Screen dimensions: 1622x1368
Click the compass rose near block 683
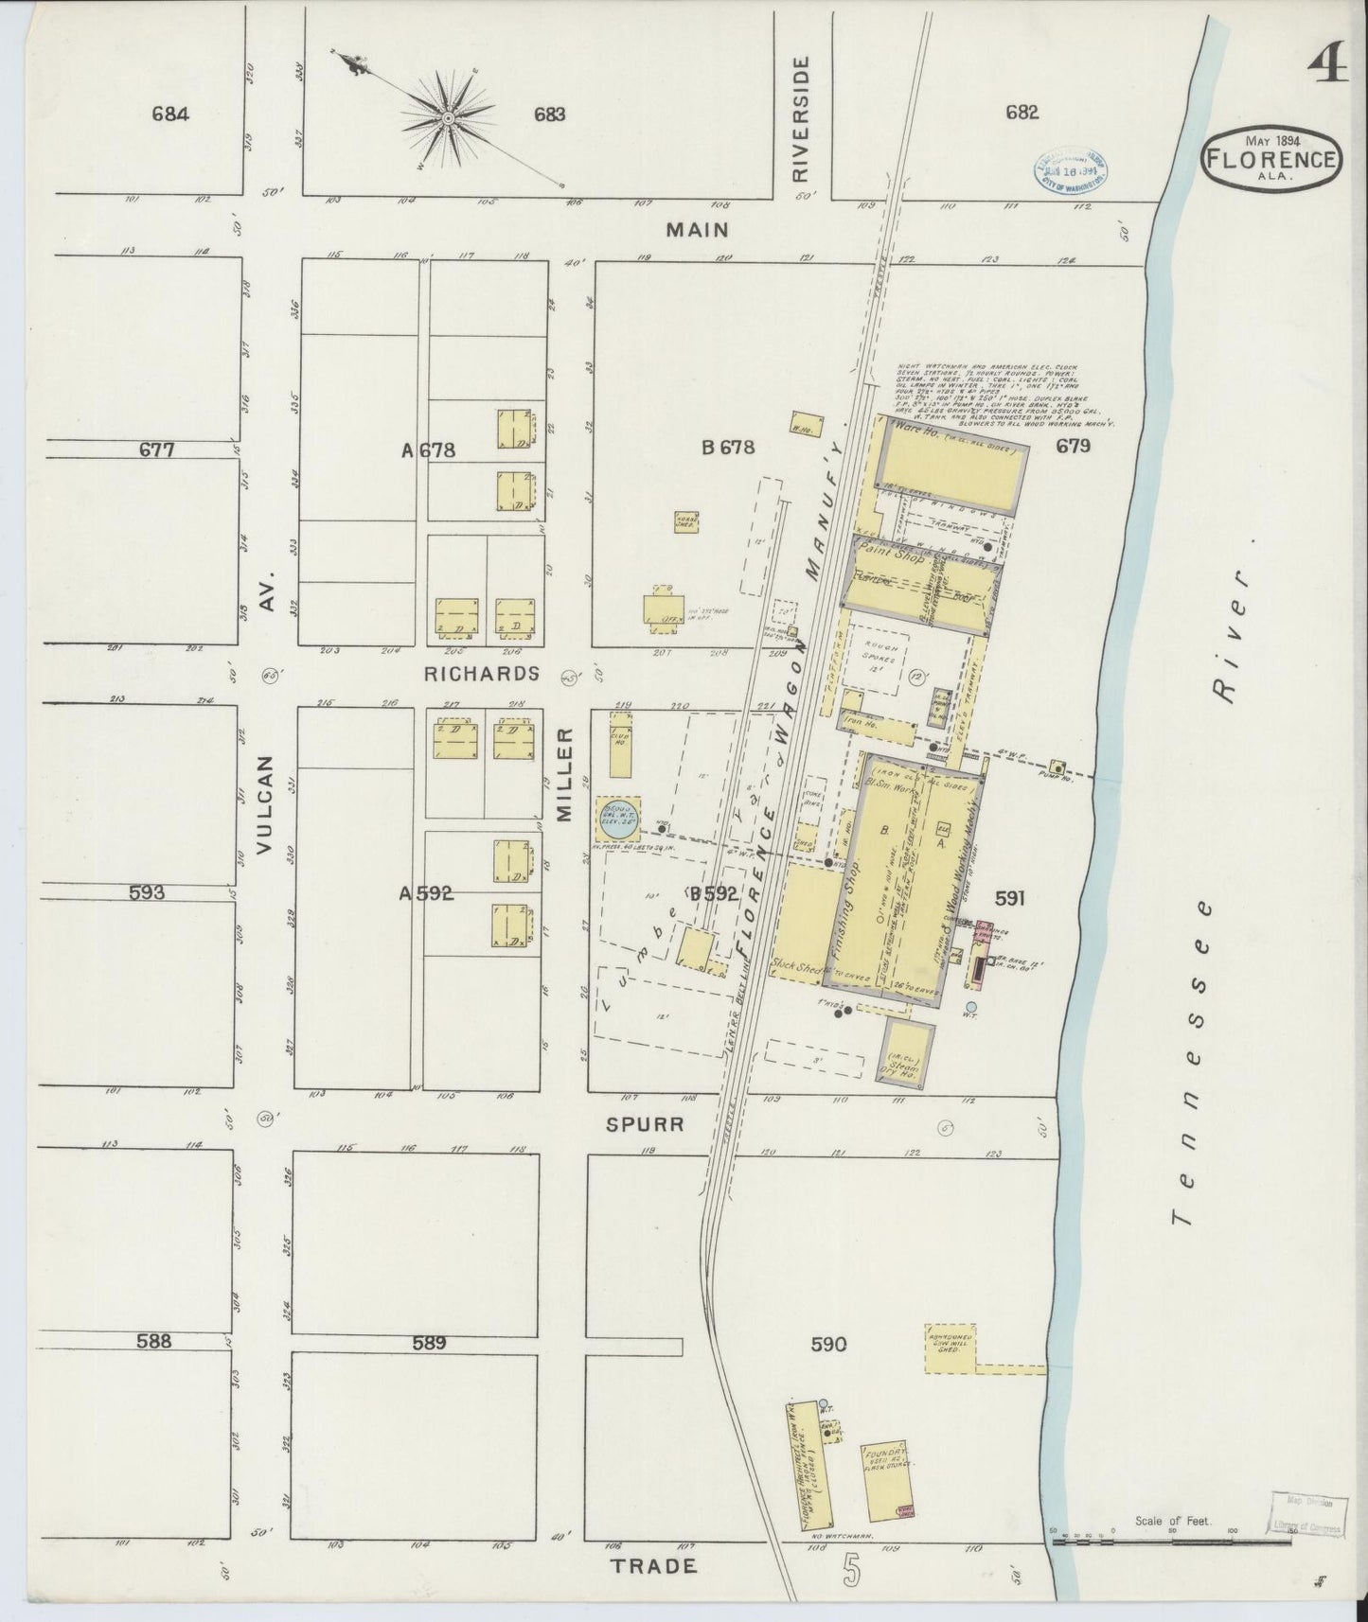pos(447,118)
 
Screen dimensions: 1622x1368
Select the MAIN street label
pos(697,230)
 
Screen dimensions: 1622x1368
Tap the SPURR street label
pos(647,1124)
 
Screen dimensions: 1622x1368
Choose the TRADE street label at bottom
pos(654,1566)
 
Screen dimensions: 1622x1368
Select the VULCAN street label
pos(265,804)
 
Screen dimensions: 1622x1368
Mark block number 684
pos(170,115)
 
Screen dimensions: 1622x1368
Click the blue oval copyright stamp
pos(1070,168)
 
